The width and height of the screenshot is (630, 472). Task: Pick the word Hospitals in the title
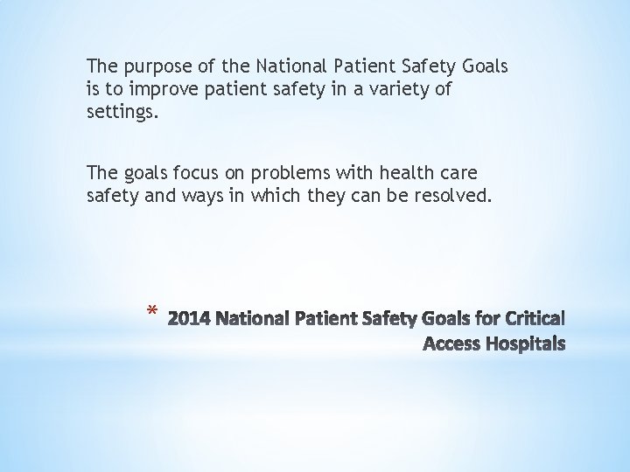[x=522, y=343]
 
